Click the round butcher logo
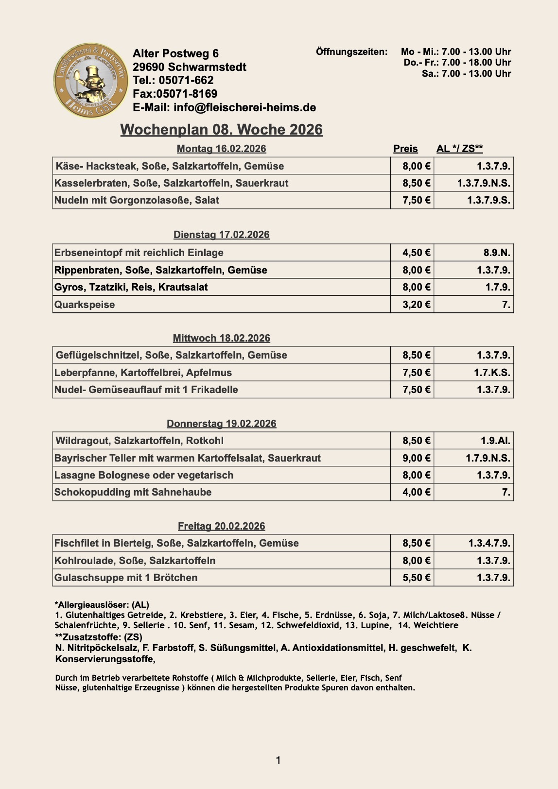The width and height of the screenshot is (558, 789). (91, 80)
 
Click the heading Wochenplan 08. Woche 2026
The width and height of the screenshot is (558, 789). (221, 130)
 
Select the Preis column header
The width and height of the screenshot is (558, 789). (405, 149)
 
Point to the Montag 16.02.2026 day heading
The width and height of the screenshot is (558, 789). (221, 149)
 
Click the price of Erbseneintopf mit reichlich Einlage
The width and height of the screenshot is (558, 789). (416, 253)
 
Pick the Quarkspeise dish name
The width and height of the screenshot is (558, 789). (85, 305)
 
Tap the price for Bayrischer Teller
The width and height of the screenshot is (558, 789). (416, 458)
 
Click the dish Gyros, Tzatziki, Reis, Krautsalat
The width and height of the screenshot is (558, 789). (131, 287)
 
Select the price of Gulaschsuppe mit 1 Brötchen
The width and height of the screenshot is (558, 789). (416, 578)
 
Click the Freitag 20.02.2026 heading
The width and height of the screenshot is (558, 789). (221, 526)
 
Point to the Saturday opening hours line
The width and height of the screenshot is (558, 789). (466, 74)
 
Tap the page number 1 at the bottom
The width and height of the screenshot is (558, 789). (278, 760)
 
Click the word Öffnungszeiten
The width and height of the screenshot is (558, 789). (351, 52)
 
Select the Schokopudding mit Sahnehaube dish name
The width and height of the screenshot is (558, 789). (133, 492)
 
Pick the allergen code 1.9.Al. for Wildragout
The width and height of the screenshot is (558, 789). (495, 441)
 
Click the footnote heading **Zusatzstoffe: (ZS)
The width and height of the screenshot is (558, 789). (98, 637)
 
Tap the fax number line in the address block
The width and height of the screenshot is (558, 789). (175, 94)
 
